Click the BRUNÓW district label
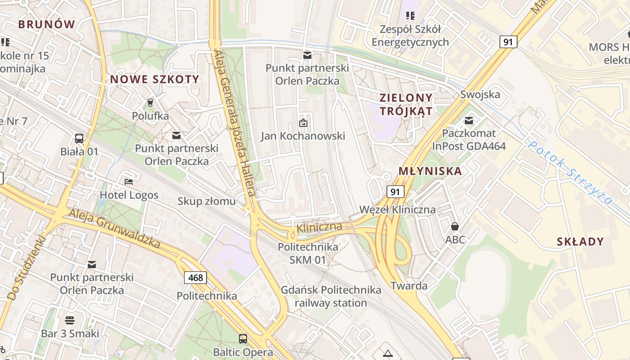click(x=46, y=24)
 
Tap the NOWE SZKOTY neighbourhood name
click(x=155, y=80)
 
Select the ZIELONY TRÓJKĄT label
click(x=406, y=104)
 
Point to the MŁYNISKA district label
click(x=430, y=171)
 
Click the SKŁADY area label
click(x=580, y=242)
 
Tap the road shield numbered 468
click(x=196, y=277)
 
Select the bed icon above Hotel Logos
click(x=129, y=182)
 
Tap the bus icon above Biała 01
click(x=79, y=138)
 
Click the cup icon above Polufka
click(x=150, y=103)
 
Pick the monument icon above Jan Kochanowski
click(x=303, y=122)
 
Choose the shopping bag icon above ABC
click(x=455, y=226)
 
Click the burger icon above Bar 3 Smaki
click(x=70, y=320)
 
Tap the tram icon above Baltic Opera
click(x=243, y=338)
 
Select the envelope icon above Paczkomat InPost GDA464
click(x=469, y=120)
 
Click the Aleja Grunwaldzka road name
click(x=114, y=228)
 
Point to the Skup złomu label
click(x=207, y=201)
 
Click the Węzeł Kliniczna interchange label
click(x=397, y=210)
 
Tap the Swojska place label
click(x=480, y=94)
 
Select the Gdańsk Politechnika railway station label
click(x=331, y=296)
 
